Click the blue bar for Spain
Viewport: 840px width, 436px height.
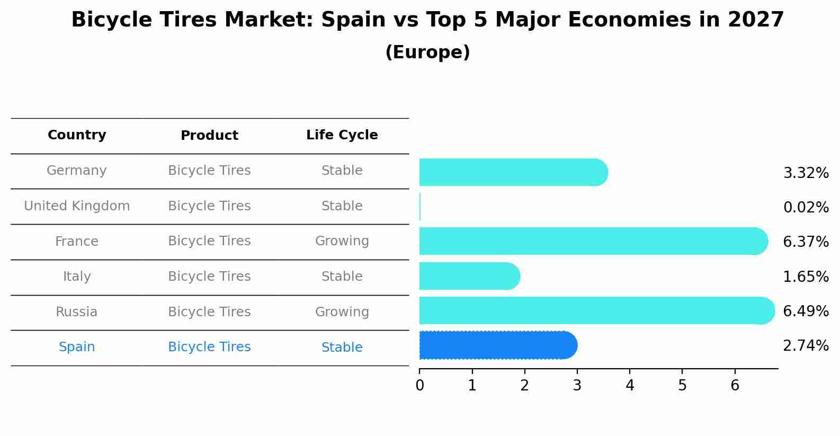pyautogui.click(x=498, y=345)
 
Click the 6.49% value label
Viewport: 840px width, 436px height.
pyautogui.click(x=806, y=311)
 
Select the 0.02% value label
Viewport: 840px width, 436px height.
pyautogui.click(x=806, y=207)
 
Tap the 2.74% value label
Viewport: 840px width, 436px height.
pyautogui.click(x=806, y=346)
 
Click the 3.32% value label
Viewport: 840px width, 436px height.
pyautogui.click(x=806, y=173)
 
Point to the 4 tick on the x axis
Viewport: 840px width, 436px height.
pyautogui.click(x=630, y=385)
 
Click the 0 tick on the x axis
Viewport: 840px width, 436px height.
pyautogui.click(x=419, y=385)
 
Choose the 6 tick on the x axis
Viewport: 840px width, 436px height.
pyautogui.click(x=735, y=385)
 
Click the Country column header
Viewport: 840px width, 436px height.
pyautogui.click(x=77, y=135)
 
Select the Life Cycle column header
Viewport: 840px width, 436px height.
pyautogui.click(x=342, y=135)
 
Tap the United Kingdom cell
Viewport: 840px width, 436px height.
pyautogui.click(x=77, y=206)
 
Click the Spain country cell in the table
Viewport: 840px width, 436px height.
pyautogui.click(x=77, y=347)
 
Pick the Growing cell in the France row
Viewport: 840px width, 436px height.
pyautogui.click(x=342, y=241)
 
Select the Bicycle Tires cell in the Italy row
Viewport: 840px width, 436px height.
pyautogui.click(x=209, y=277)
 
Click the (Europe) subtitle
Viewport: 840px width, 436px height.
pyautogui.click(x=427, y=52)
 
